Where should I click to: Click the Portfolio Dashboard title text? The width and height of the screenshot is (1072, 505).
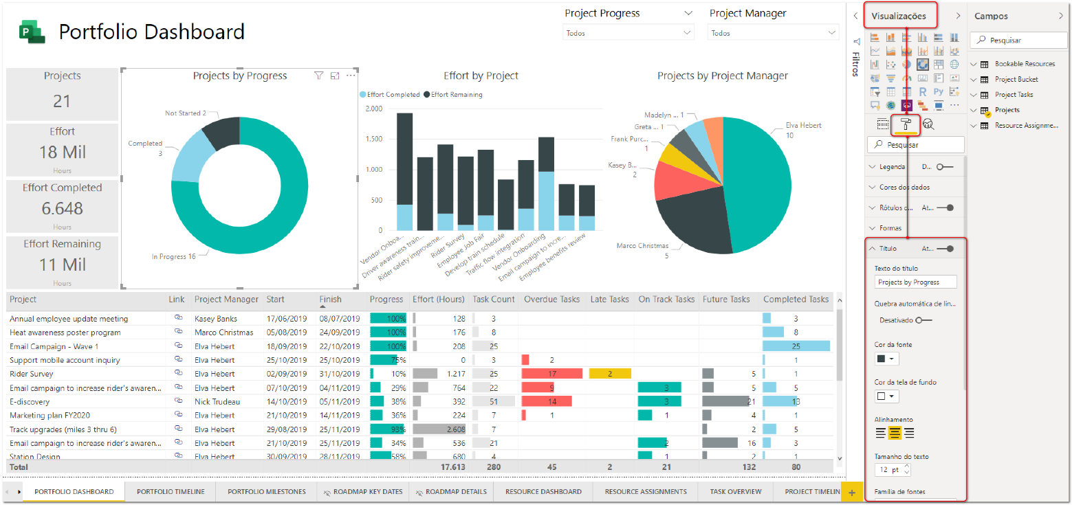[151, 32]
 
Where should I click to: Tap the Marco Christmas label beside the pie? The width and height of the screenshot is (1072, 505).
[642, 246]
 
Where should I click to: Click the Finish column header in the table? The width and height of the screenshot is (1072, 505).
[330, 300]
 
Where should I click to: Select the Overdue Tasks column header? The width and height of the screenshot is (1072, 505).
[550, 300]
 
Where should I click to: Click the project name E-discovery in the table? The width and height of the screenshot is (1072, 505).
[30, 402]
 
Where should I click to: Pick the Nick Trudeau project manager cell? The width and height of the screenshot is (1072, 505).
[217, 402]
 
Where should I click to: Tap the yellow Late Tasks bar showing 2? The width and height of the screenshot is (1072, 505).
[610, 374]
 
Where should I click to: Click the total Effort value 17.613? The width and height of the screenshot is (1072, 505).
[452, 467]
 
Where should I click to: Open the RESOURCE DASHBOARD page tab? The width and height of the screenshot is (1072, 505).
[543, 492]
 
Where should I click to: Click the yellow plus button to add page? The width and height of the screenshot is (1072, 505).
[852, 493]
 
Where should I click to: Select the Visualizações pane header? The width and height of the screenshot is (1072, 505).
[904, 16]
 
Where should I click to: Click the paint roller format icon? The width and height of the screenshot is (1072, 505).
[906, 124]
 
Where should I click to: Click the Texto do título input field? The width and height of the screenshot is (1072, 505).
[915, 282]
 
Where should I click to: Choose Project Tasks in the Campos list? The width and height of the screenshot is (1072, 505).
[1014, 95]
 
